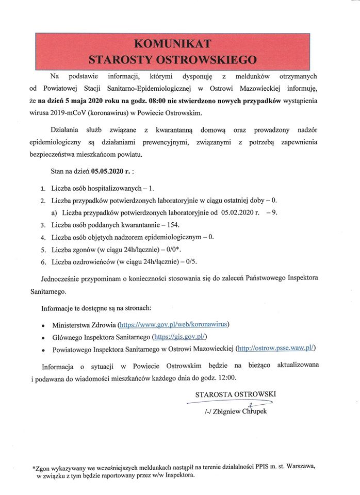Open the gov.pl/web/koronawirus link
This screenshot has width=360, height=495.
[174, 325]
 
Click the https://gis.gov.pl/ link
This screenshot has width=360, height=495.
[179, 337]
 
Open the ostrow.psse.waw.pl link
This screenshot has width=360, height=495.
[275, 349]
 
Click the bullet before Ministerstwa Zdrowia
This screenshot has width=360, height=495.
[42, 326]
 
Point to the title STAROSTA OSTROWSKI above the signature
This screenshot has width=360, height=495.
[236, 394]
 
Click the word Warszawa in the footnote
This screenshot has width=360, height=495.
[299, 467]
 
